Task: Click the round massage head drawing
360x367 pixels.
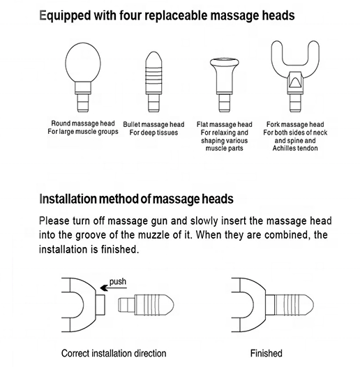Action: coord(83,77)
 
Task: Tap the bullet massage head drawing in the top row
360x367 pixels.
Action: coord(153,82)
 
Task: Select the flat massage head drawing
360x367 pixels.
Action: coord(224,84)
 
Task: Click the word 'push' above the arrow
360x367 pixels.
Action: coord(118,282)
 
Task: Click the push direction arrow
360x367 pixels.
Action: coord(113,288)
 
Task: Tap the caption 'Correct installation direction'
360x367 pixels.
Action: coord(114,353)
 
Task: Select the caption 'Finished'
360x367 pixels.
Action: coord(266,353)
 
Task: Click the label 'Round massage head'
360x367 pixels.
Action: coord(83,123)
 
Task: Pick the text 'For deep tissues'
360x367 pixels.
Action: coord(153,133)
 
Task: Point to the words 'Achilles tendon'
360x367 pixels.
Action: coord(295,148)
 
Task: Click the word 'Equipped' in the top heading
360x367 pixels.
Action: coord(65,15)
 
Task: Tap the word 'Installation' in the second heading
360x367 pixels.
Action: coord(68,199)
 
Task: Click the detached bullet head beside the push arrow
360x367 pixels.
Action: coord(146,305)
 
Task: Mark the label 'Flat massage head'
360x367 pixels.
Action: coord(224,124)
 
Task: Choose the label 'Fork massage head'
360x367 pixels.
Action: coord(295,124)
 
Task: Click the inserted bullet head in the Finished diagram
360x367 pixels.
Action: coord(290,305)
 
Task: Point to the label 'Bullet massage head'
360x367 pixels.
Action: coord(153,124)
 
